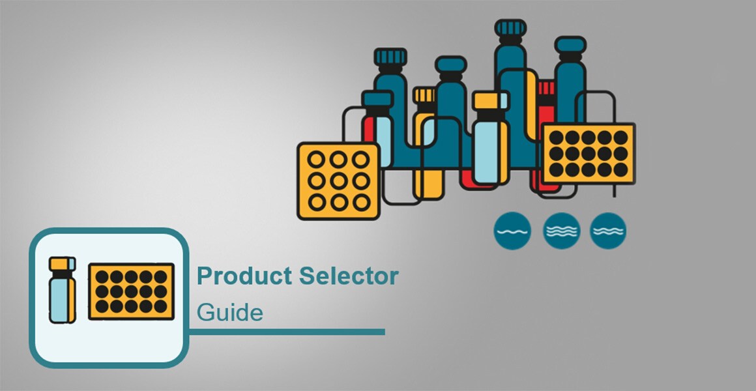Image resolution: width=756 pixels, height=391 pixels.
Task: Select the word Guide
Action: tap(230, 313)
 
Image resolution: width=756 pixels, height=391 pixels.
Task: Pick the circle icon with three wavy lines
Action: tap(561, 231)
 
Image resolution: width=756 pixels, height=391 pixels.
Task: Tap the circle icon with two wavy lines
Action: tap(608, 231)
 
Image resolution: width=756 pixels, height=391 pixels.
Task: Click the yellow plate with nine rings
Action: tap(338, 181)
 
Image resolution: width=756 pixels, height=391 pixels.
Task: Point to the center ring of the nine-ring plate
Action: tap(338, 181)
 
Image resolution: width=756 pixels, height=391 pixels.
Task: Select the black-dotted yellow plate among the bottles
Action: tap(589, 153)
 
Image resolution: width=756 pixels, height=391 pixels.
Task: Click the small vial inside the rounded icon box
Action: tap(63, 290)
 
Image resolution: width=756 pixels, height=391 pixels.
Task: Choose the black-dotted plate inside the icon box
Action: tap(131, 291)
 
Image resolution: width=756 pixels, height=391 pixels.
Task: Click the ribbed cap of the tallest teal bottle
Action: tap(510, 28)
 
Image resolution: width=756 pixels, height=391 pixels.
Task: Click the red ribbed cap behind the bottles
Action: tap(546, 89)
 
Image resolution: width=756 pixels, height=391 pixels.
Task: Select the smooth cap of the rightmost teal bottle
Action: tap(570, 44)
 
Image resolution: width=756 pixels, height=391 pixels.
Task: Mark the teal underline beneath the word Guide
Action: tap(287, 332)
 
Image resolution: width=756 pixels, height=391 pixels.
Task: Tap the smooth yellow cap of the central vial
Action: tap(491, 100)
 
